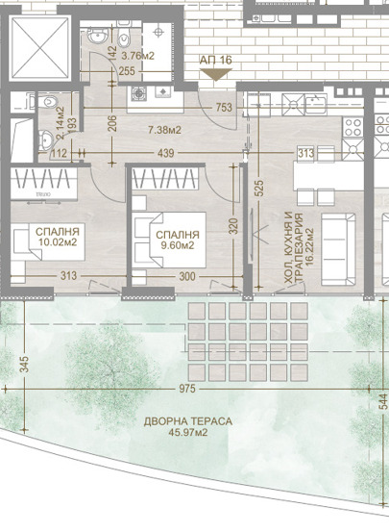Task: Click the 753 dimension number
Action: (225, 108)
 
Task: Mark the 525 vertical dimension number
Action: (258, 189)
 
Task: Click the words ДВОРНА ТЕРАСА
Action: (188, 421)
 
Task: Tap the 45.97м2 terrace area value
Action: (188, 435)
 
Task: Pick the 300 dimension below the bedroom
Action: (186, 277)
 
